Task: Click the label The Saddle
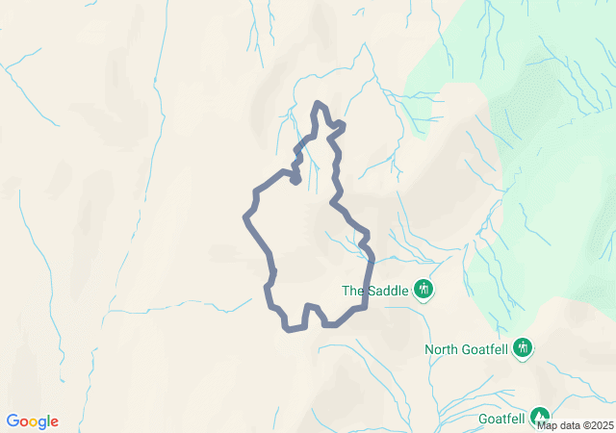click(x=376, y=290)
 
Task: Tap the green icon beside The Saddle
click(x=423, y=289)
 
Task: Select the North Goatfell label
click(x=467, y=349)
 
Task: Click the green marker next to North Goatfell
click(x=523, y=346)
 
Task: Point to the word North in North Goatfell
click(x=443, y=349)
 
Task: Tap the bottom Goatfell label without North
click(x=501, y=419)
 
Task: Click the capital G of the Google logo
click(x=13, y=421)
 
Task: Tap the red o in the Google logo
click(x=24, y=422)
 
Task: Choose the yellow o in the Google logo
click(x=34, y=422)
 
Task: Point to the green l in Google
click(x=49, y=421)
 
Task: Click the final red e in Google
click(x=55, y=422)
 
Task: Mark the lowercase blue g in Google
click(x=43, y=423)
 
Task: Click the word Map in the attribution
click(x=547, y=425)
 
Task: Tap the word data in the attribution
click(x=567, y=425)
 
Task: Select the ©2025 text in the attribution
click(x=596, y=425)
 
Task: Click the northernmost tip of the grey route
click(x=320, y=103)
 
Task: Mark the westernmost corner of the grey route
click(x=245, y=216)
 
